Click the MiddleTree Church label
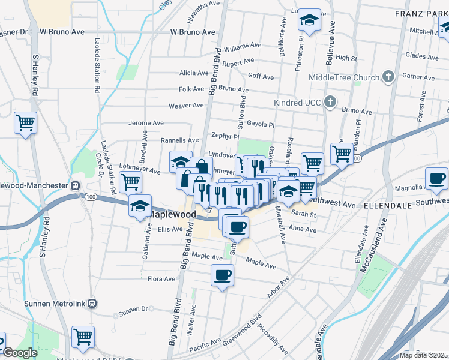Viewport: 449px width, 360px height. tap(344, 77)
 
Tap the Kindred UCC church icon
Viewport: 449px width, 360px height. tap(330, 102)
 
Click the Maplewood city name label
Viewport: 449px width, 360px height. tap(172, 214)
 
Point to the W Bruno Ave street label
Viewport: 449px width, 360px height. tap(192, 32)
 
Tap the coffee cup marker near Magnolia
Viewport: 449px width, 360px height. tap(436, 178)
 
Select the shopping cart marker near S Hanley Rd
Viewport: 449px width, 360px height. tap(26, 123)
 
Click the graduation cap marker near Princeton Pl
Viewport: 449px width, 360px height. tap(310, 21)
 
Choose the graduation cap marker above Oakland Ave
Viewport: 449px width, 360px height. tap(140, 206)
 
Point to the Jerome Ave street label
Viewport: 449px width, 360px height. tap(146, 123)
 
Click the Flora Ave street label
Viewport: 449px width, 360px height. tap(161, 279)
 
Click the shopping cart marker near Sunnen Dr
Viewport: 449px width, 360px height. tap(83, 337)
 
